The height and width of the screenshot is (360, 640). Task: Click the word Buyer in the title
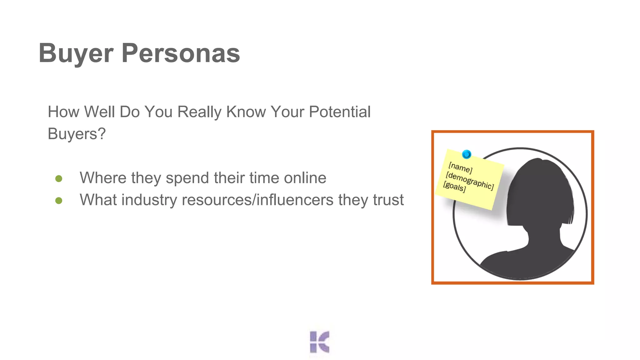76,53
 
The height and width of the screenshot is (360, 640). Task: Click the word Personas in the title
181,53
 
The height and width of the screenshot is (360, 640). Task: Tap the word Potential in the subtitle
340,112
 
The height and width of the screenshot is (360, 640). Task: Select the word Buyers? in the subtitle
77,134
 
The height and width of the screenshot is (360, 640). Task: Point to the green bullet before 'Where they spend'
59,179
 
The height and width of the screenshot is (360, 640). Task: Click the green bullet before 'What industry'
59,201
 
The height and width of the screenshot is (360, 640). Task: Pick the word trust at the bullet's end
388,200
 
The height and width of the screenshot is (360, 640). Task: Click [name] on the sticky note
460,168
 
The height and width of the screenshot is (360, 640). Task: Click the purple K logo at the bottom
319,342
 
